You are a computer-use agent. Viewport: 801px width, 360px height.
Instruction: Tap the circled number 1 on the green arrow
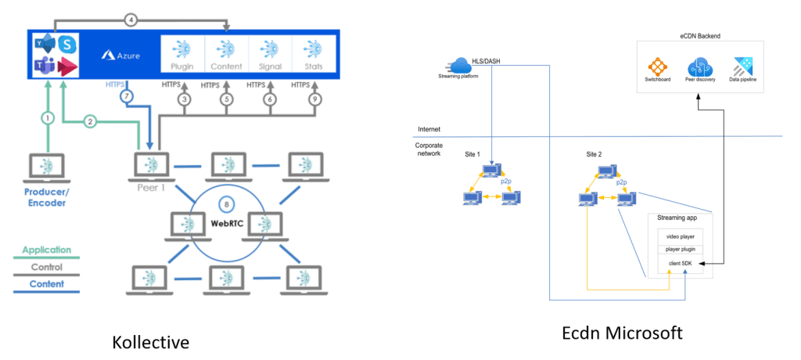coord(48,118)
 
